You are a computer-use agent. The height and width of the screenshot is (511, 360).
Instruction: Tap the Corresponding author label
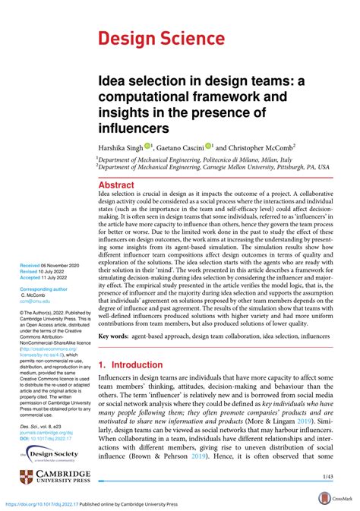coord(47,289)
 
